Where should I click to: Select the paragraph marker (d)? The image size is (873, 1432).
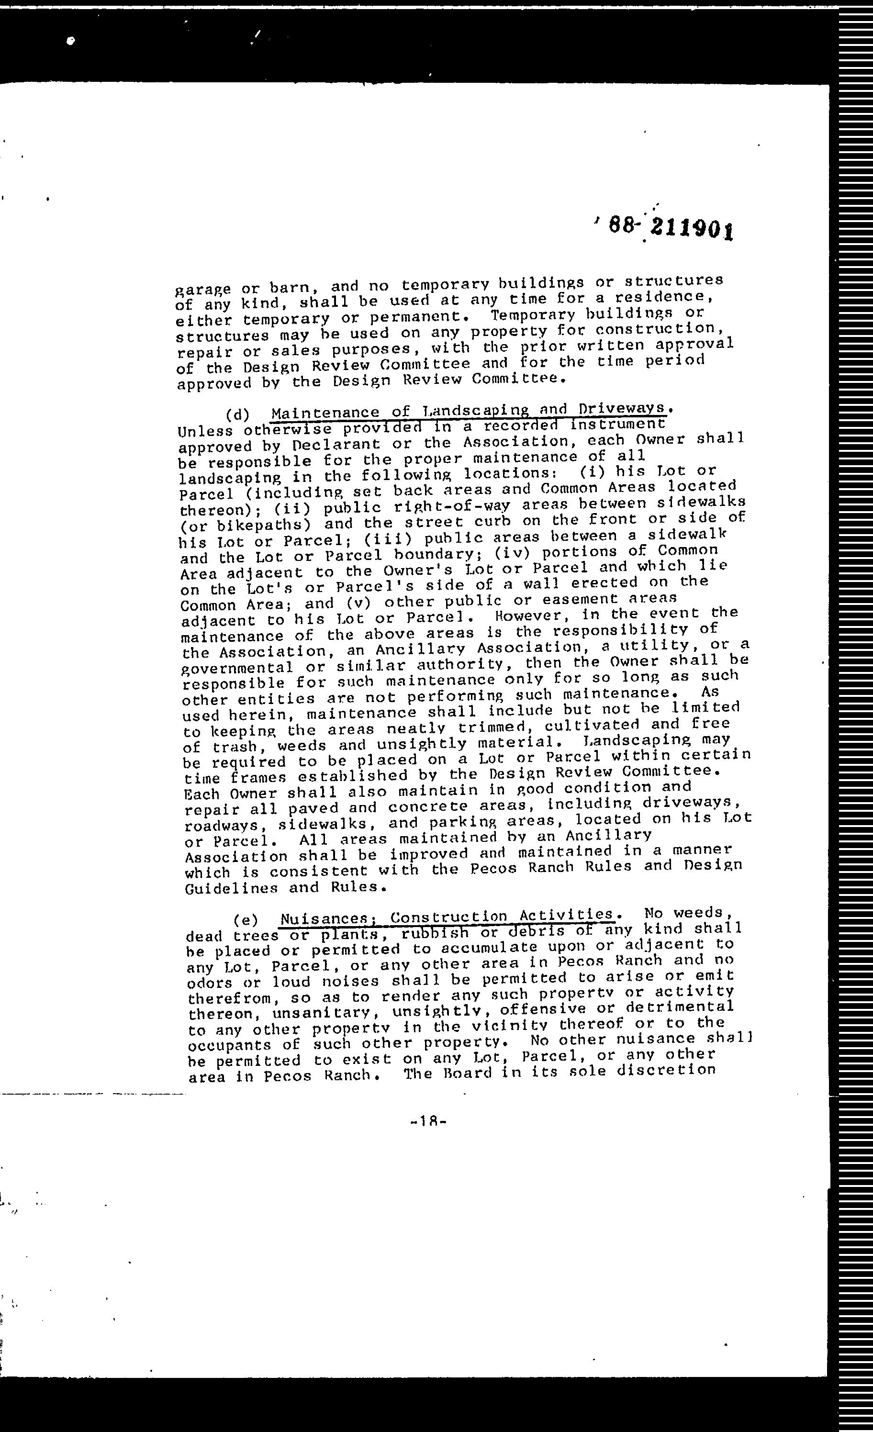[x=237, y=414]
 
